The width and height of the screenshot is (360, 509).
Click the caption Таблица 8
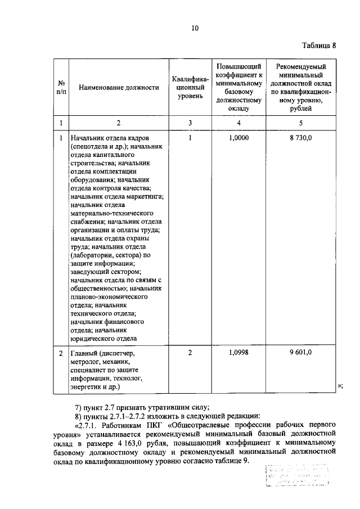317,46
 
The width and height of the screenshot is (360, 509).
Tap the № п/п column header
61,88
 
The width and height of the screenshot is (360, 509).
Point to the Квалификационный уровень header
190,88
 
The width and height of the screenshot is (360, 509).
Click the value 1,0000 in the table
239,137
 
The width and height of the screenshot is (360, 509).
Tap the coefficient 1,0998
239,353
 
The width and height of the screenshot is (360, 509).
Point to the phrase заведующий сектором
101,272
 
